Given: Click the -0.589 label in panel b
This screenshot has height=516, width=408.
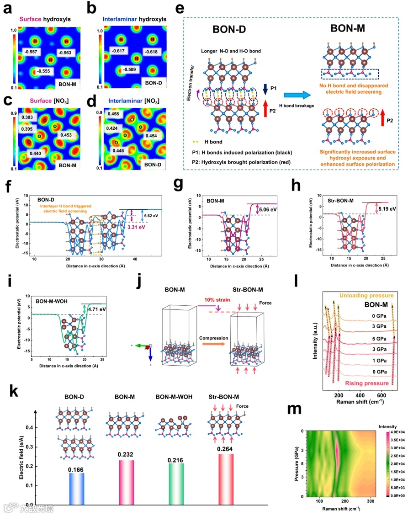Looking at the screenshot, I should [129, 69].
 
